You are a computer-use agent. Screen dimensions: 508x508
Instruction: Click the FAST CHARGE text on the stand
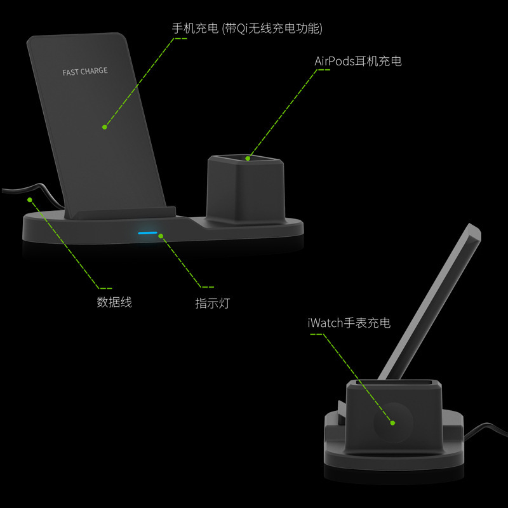(x=85, y=71)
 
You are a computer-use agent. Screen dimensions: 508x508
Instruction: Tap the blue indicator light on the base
(x=148, y=233)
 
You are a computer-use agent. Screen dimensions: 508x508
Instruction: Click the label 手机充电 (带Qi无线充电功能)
(x=247, y=29)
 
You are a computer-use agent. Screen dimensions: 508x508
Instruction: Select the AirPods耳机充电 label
(x=358, y=61)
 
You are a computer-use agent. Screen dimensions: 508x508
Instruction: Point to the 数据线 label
(x=114, y=302)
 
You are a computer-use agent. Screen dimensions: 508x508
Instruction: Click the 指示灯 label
(x=213, y=304)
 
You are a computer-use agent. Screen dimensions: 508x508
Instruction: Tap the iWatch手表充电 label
(x=349, y=323)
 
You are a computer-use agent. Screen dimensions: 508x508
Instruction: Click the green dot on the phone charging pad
(x=104, y=127)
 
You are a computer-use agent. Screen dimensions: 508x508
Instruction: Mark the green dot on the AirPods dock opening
(x=248, y=158)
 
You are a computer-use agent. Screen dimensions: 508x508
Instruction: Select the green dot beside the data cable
(x=30, y=199)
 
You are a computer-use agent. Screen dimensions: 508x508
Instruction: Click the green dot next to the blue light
(x=161, y=236)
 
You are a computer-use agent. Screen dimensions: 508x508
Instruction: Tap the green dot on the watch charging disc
(x=392, y=423)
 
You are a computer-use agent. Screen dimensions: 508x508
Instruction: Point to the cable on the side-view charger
(x=486, y=429)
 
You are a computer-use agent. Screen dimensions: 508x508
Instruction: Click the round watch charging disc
(x=394, y=422)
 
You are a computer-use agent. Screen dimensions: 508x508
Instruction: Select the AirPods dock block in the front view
(x=246, y=189)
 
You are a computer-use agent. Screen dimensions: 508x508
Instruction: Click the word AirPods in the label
(x=335, y=61)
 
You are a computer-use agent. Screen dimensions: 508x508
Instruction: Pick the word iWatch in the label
(x=325, y=323)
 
